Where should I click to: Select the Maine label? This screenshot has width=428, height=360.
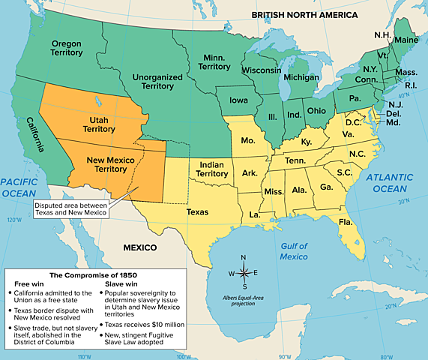tap(405, 39)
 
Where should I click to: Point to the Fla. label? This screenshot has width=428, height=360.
tap(346, 223)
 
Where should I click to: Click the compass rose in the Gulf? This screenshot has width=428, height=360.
tap(244, 271)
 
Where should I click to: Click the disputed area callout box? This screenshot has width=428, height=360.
tap(71, 209)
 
